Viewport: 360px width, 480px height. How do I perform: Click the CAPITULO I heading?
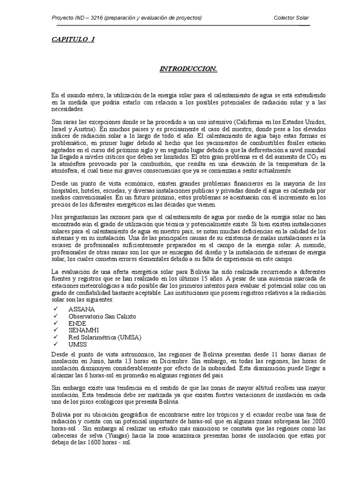(73, 39)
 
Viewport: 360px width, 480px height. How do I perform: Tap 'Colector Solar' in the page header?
(291, 18)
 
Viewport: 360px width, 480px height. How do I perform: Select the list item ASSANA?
(81, 309)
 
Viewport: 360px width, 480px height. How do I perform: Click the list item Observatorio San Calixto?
(102, 316)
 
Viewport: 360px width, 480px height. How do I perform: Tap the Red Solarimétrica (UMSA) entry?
(105, 337)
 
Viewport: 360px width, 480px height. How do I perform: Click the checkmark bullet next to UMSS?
(55, 344)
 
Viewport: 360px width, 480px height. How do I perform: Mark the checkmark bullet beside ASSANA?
(55, 309)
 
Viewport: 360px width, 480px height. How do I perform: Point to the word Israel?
(59, 128)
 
